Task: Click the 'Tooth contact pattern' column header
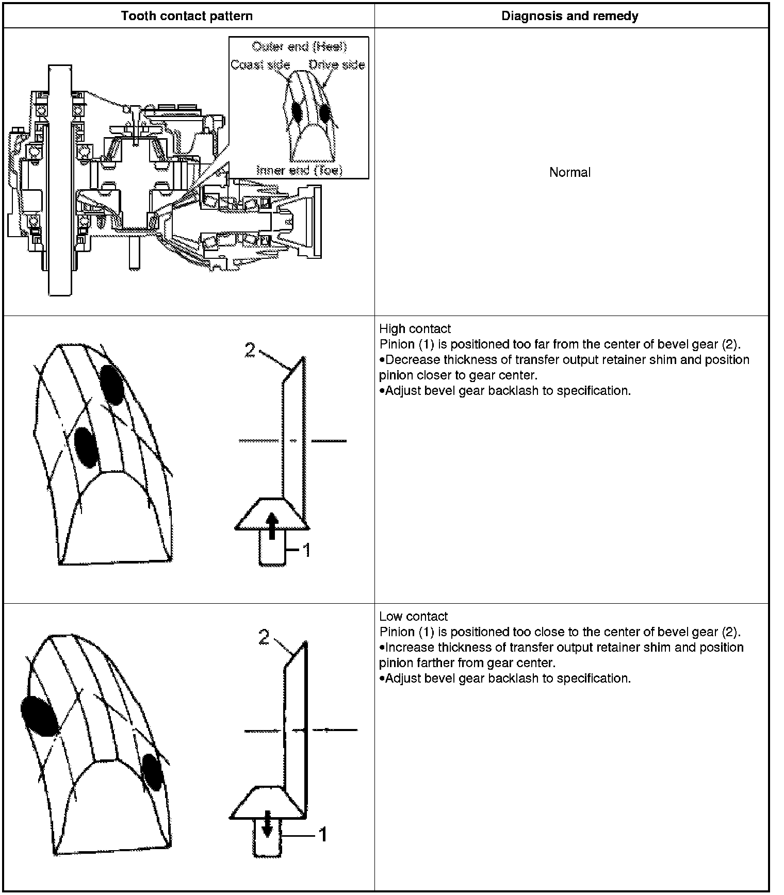tap(187, 16)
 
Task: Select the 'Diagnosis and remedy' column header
tap(570, 16)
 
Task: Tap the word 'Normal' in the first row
tap(570, 172)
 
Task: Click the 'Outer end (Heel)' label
tap(299, 47)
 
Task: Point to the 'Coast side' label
tap(260, 65)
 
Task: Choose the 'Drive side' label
tap(337, 65)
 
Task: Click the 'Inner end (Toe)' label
tap(299, 170)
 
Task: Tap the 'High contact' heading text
tap(415, 329)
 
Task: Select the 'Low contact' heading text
tap(413, 617)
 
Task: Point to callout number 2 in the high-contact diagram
tap(250, 351)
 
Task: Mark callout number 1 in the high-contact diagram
tap(306, 551)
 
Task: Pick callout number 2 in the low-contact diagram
tap(264, 638)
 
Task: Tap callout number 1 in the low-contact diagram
tap(322, 834)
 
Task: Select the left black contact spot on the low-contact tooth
tap(39, 715)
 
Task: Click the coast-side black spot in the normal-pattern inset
tap(296, 110)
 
